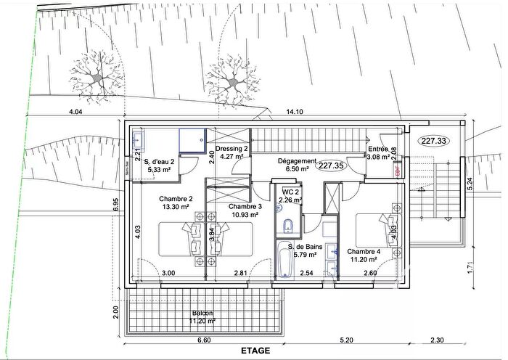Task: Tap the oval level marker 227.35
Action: click(x=331, y=165)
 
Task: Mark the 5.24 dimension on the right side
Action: click(x=470, y=186)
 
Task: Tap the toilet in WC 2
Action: click(x=288, y=224)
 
